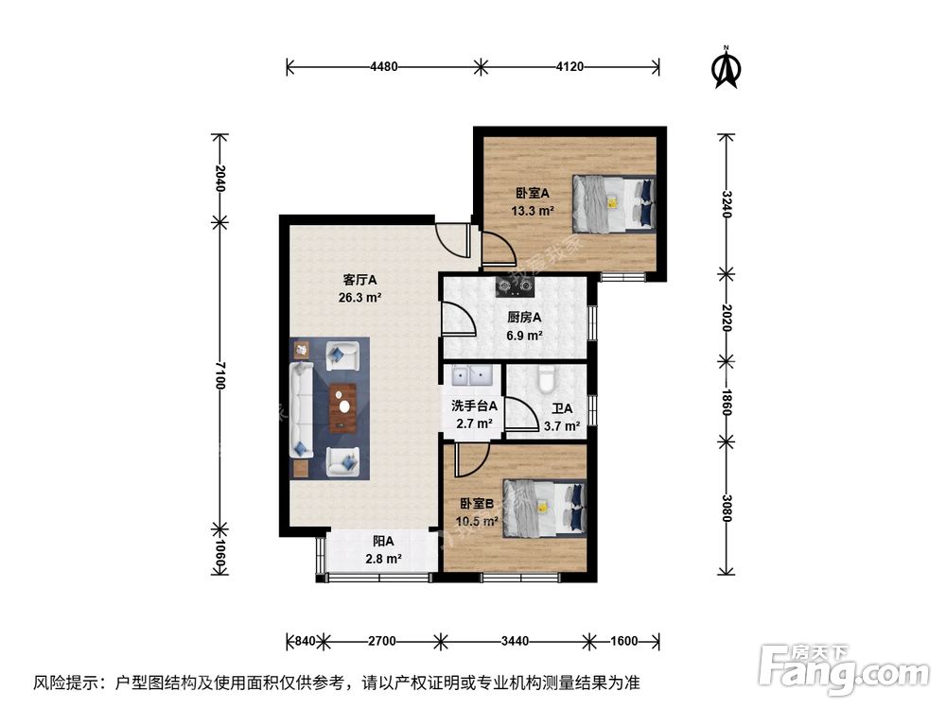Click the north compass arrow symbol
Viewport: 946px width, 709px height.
726,67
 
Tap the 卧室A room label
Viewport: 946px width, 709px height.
533,195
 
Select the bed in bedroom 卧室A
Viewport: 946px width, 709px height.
613,202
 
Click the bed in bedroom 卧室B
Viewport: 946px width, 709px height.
544,508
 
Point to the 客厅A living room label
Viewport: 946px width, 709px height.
360,281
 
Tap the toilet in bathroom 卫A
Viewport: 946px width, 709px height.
545,378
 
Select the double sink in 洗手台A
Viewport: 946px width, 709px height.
472,377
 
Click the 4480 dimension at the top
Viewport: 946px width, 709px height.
383,66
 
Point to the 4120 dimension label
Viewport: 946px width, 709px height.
571,66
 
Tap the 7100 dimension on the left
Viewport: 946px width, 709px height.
219,374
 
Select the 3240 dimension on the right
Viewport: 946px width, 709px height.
726,203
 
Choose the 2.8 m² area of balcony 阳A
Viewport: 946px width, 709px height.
383,559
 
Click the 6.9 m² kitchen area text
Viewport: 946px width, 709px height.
523,335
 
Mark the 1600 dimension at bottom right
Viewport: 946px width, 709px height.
624,641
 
